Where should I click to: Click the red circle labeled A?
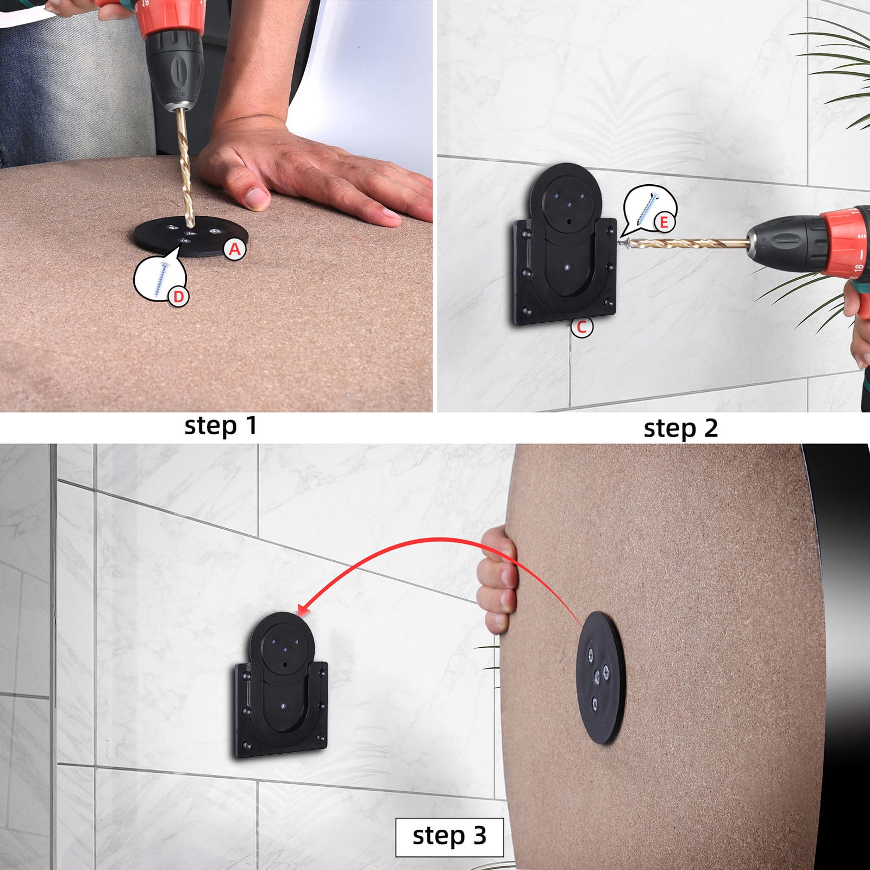[x=234, y=249]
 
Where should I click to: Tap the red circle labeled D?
[x=179, y=297]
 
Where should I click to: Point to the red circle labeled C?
[x=582, y=328]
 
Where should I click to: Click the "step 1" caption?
[x=220, y=425]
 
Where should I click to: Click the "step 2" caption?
[x=680, y=428]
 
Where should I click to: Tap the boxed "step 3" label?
[x=449, y=836]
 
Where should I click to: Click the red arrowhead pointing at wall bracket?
[x=302, y=611]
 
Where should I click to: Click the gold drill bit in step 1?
[x=183, y=163]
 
